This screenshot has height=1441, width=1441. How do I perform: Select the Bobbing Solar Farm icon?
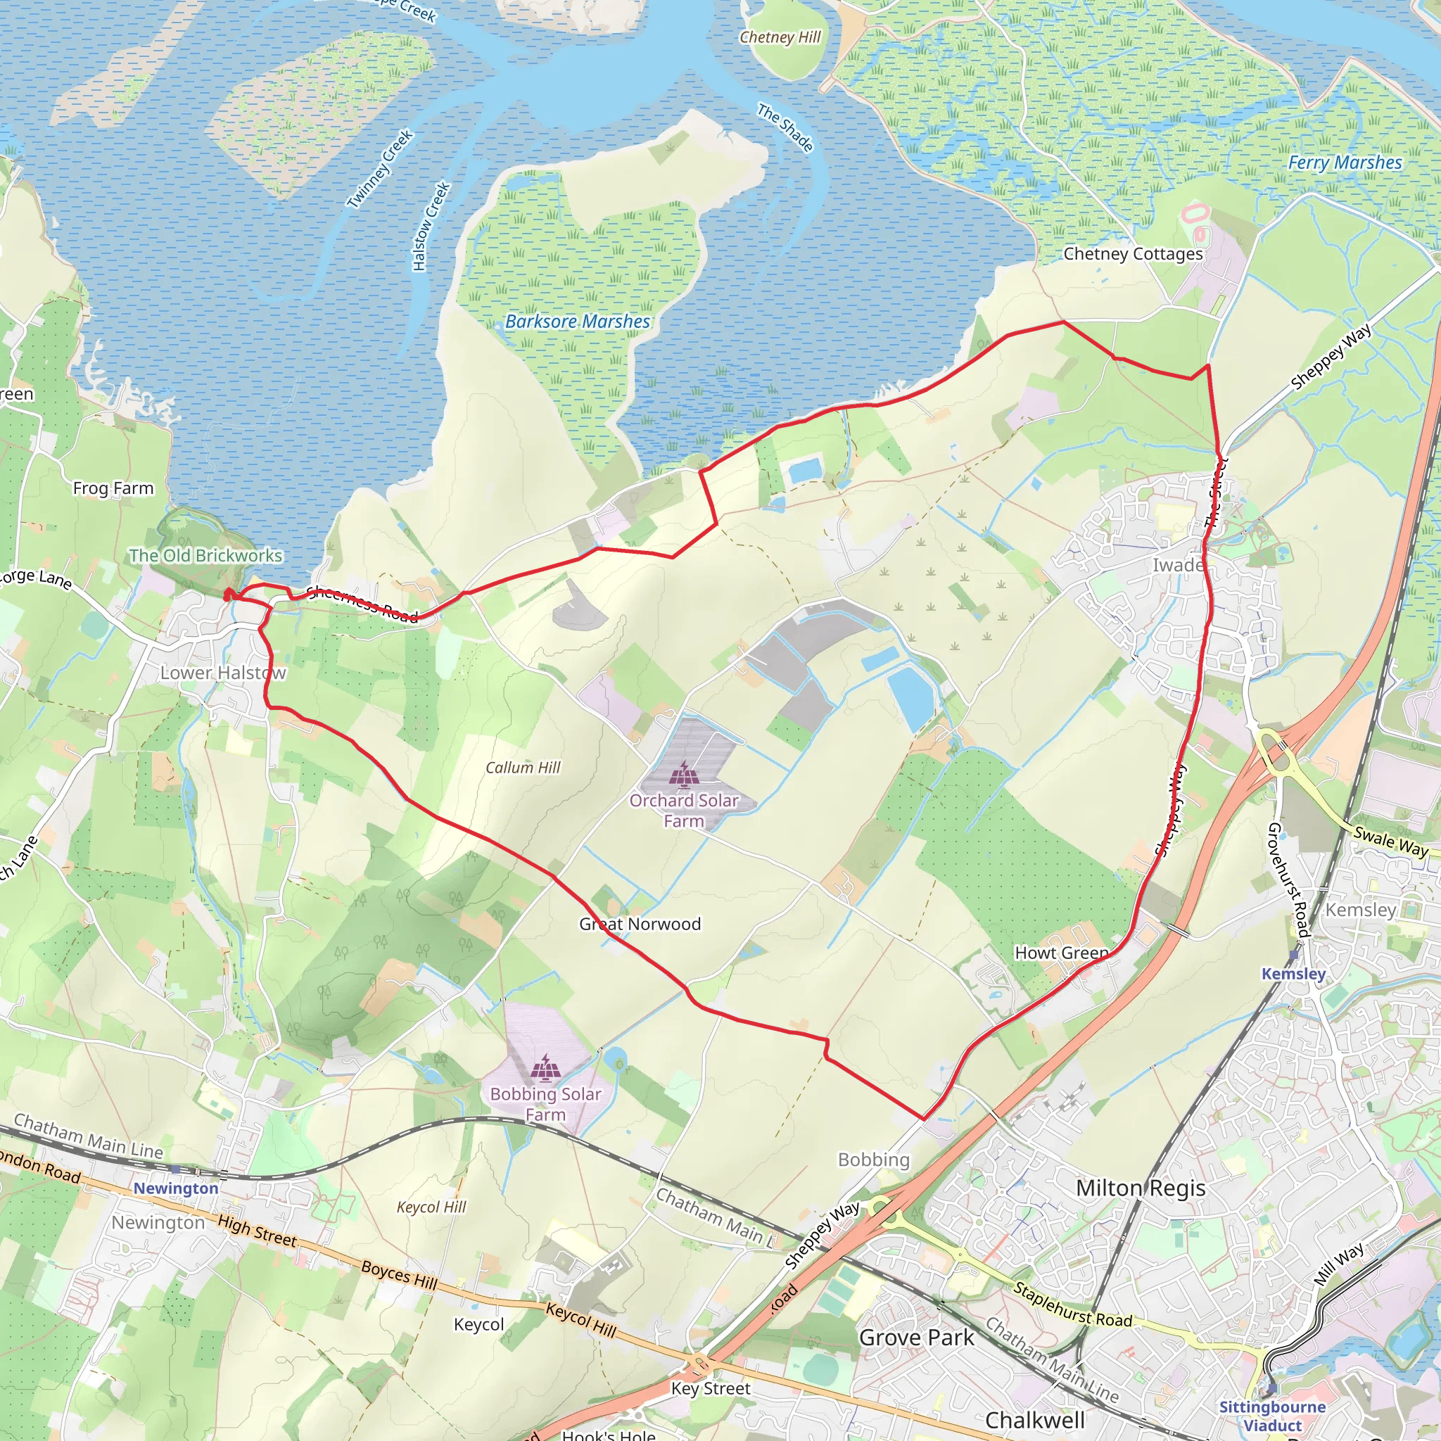[546, 1068]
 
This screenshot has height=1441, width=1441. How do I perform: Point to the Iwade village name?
[1178, 564]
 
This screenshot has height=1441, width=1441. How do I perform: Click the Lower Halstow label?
[223, 672]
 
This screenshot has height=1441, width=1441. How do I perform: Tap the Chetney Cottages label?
[1133, 253]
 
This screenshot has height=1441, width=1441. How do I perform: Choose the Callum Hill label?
[522, 768]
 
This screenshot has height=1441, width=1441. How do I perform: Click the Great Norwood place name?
[640, 923]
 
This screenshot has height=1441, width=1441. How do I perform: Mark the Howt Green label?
[1061, 953]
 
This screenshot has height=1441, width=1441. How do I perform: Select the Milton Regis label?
[1141, 1188]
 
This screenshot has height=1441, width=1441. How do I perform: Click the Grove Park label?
[917, 1338]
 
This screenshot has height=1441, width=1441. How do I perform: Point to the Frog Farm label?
[113, 488]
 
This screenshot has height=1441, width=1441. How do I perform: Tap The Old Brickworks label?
[206, 555]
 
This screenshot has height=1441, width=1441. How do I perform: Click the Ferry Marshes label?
[1345, 163]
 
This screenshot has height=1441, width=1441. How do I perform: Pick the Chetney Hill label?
[780, 37]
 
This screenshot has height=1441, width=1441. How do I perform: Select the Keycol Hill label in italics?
[431, 1207]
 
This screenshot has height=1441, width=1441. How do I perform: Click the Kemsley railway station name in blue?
[1293, 973]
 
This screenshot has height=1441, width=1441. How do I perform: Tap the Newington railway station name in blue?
[176, 1188]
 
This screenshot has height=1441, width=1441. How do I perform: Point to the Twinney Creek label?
[380, 169]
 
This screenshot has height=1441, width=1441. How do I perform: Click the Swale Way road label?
[1390, 842]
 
